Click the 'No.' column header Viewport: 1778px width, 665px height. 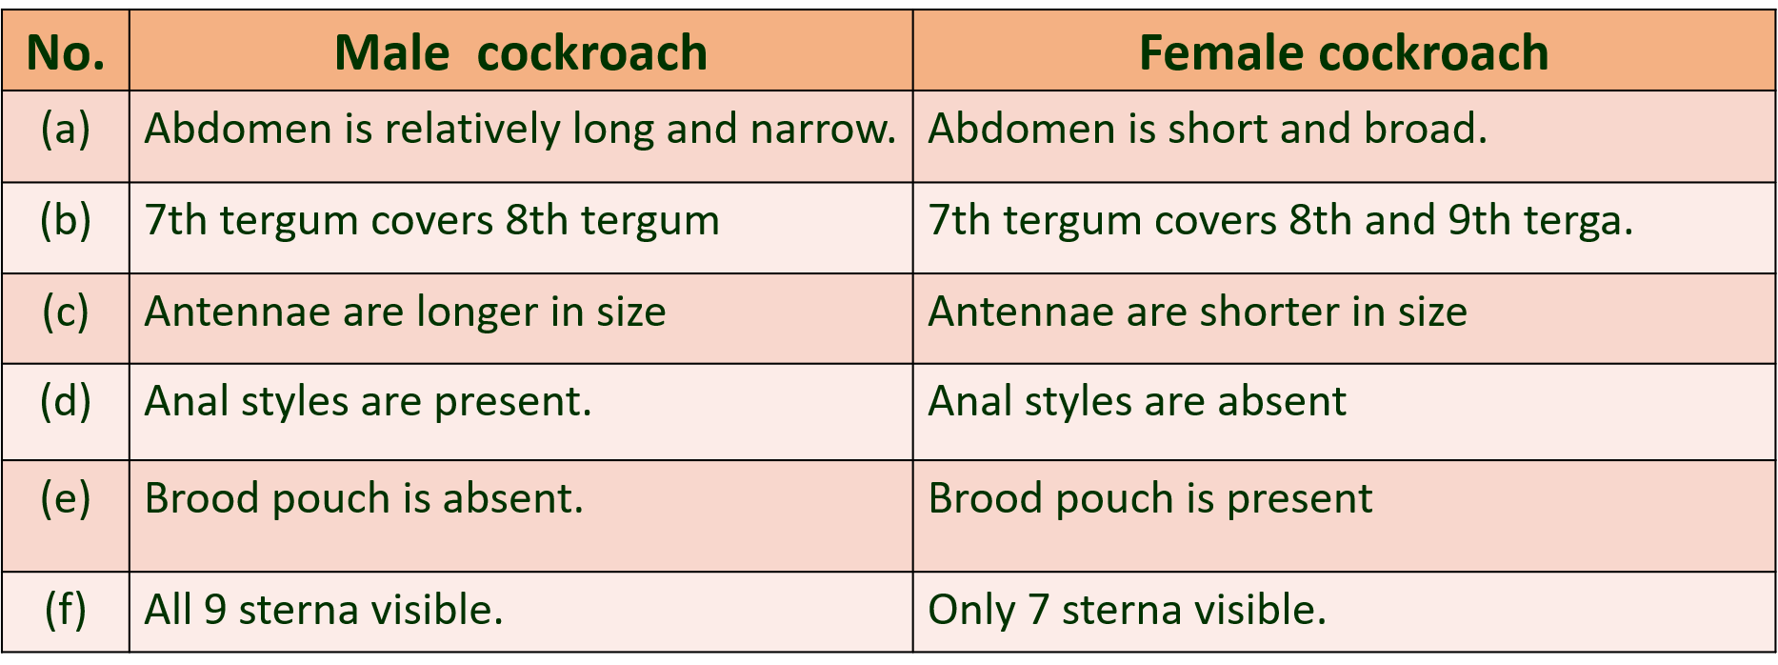66,53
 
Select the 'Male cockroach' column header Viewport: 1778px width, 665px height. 521,53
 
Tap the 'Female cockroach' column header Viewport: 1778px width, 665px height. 1344,53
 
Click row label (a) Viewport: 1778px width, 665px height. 66,129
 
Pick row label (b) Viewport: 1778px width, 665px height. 66,220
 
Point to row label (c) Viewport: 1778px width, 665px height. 66,312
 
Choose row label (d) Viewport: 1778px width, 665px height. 66,401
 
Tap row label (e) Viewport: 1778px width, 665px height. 66,498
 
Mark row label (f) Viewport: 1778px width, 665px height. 66,610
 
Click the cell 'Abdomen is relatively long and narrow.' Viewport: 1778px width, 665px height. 520,130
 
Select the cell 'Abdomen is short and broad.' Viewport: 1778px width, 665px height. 1208,129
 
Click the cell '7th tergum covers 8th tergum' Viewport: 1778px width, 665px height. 431,221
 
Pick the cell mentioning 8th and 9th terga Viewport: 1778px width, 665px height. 1281,221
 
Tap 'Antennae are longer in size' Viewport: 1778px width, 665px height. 406,312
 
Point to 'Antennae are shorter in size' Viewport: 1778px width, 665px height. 1198,312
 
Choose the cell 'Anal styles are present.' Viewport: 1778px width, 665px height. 369,402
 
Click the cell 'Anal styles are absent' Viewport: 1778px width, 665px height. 1138,402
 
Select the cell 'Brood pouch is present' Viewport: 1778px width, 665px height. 1150,499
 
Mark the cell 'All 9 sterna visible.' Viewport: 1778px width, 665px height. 324,610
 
